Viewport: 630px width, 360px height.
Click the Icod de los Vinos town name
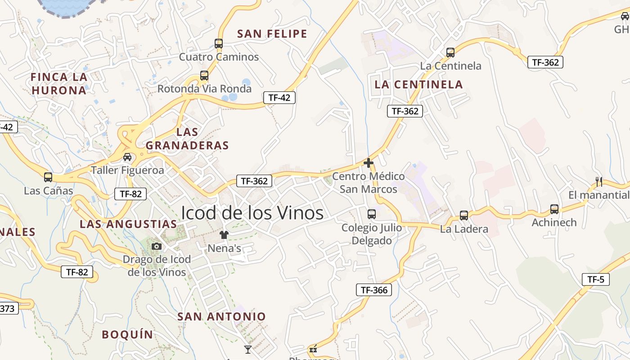point(252,213)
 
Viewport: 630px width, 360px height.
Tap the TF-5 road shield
point(595,279)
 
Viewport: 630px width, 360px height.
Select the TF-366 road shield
point(373,290)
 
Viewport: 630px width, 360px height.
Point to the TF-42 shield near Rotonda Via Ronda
point(279,98)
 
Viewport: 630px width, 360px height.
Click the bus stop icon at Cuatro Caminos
point(219,44)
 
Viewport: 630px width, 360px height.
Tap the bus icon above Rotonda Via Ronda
point(204,76)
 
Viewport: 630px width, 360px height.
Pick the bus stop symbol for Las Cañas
point(48,177)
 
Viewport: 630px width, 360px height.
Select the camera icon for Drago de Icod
point(157,246)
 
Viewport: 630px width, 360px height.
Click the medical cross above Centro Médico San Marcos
point(369,163)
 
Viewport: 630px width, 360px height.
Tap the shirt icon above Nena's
point(224,234)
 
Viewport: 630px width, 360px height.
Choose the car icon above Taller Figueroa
point(127,157)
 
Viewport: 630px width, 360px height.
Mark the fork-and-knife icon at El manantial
point(599,182)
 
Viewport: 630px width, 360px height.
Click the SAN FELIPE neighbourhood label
point(272,34)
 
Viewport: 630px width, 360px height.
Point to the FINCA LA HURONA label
point(58,84)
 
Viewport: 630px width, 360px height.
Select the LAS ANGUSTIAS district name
point(128,224)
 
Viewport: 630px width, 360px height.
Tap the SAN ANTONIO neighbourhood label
point(221,316)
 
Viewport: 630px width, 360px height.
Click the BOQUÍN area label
point(127,334)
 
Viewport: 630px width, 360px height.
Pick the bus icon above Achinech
point(554,209)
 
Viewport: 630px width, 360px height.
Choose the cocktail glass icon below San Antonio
point(247,349)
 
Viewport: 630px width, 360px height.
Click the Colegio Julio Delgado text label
point(372,234)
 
